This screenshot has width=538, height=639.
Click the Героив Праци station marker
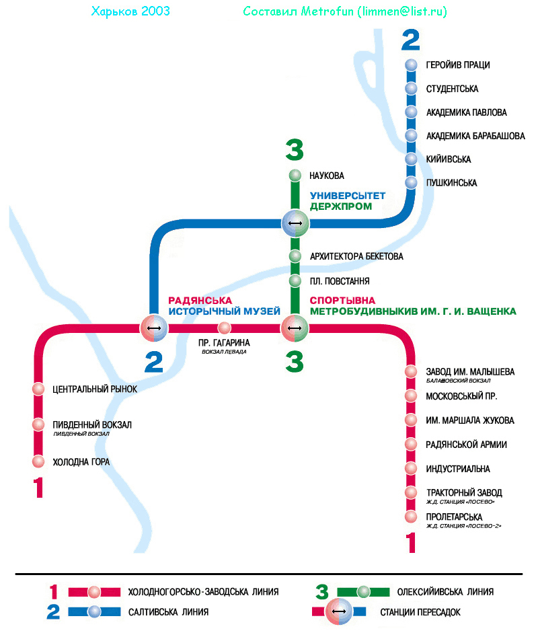412,65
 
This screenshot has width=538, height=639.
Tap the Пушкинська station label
451,183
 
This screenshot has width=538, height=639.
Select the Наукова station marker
295,176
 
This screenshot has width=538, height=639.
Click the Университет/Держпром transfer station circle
295,223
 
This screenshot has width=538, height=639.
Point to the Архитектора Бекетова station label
356,256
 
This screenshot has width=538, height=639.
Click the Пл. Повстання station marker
295,280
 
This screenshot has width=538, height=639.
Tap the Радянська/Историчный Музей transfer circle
154,328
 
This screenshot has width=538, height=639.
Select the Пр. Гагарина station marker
224,328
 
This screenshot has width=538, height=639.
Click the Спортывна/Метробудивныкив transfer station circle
295,328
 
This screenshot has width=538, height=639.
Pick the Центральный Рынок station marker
38,389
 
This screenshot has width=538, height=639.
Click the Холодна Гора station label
81,462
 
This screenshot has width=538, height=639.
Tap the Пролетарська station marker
411,517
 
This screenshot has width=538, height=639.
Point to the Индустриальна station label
458,469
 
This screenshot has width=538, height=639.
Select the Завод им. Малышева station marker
411,371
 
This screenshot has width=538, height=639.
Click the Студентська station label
452,89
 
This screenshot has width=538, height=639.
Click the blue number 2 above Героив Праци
410,41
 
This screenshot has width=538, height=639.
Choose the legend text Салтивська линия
168,612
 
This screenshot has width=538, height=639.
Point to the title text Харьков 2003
130,11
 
